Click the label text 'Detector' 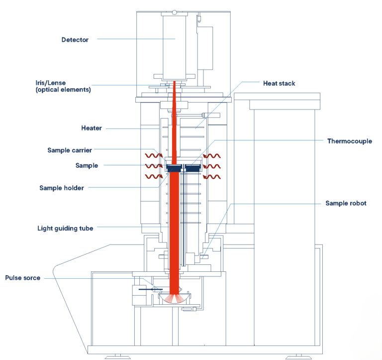pyautogui.click(x=75, y=40)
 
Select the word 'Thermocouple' pyautogui.click(x=349, y=141)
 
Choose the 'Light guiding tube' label pyautogui.click(x=65, y=229)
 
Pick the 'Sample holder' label pyautogui.click(x=62, y=188)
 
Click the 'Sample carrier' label pyautogui.click(x=70, y=150)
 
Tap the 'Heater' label pyautogui.click(x=92, y=128)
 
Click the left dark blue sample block pyautogui.click(x=174, y=168)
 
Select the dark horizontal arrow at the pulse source pyautogui.click(x=147, y=288)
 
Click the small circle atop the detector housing pyautogui.click(x=174, y=12)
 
